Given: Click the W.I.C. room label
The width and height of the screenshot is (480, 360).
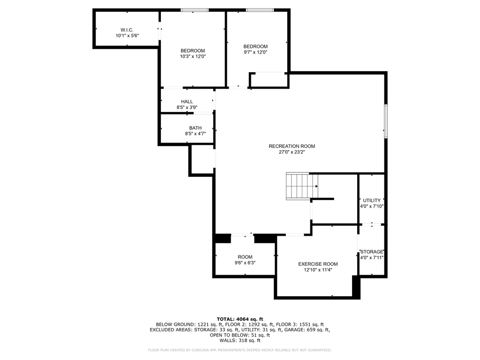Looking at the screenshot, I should coord(127,30).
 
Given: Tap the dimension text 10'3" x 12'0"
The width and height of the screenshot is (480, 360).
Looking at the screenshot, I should coord(193,56).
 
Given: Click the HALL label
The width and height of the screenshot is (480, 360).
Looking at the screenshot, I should coord(187,102).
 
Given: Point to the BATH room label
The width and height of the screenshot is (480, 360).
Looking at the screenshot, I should coord(195,128).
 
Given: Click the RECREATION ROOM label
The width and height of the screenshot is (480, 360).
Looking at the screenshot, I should coord(292,146).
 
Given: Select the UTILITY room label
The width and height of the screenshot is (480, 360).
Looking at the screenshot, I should coord(372,201).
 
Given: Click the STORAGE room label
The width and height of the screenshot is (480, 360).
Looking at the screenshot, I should coord(372,252).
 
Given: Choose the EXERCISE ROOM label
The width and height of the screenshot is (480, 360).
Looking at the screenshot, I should coord(318,264).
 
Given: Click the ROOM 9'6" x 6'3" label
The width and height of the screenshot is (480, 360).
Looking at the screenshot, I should coord(245,257).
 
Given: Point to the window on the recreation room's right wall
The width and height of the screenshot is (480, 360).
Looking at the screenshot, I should coord(386,121).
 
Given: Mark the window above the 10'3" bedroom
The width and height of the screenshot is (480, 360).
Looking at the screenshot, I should coord(195,10).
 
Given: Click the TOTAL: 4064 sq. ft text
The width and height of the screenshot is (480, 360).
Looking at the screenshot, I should coord(240,319).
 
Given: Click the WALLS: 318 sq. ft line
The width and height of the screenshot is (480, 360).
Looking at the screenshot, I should coord(240,341).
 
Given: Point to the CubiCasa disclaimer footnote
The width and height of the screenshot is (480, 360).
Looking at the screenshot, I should coord(240,350).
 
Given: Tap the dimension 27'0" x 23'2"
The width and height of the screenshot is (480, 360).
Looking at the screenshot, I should coord(292,152).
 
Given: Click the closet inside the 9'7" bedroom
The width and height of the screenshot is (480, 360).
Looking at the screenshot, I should coord(269,80).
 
